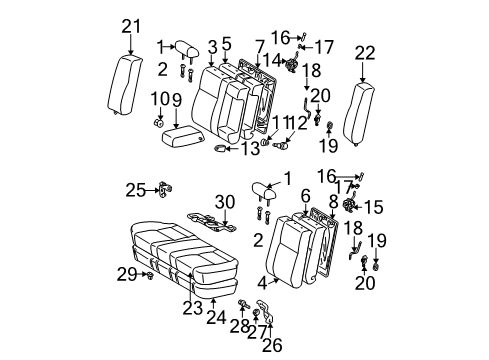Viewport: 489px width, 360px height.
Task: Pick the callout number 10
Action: (158, 99)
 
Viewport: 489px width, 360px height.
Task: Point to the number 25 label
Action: (135, 189)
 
